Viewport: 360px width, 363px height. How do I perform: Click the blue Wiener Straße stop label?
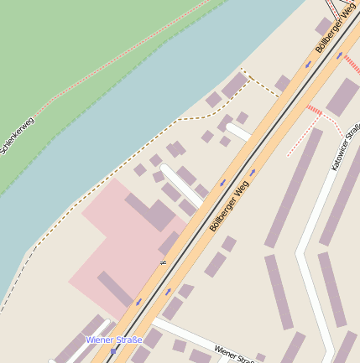(x=114, y=340)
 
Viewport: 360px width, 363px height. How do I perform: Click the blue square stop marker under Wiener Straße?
(x=112, y=352)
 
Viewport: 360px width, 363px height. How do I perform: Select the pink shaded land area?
(x=101, y=252)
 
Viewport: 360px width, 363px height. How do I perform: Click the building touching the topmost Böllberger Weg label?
(x=324, y=26)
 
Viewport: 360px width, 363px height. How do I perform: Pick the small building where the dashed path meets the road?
(x=283, y=83)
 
